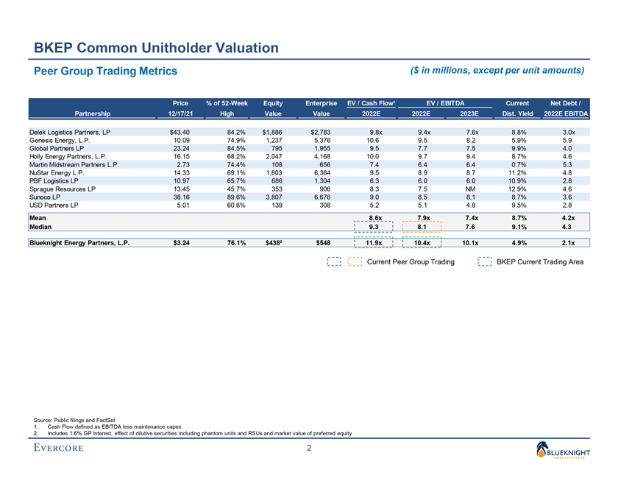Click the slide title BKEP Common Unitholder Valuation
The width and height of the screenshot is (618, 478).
tap(155, 48)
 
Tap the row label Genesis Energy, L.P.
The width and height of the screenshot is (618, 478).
tap(63, 140)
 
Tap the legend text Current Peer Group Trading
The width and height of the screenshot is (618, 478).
tap(410, 261)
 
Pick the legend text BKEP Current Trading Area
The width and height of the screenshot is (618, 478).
tap(540, 261)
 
